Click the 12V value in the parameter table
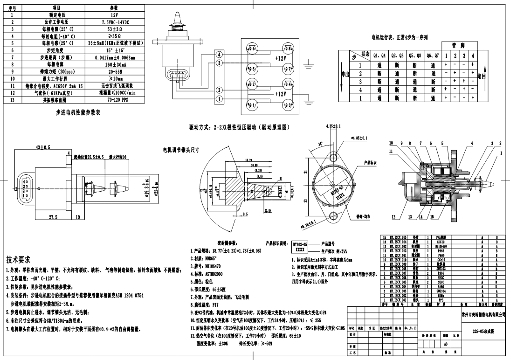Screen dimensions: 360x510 point(114,15)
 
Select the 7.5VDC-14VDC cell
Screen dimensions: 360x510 point(114,22)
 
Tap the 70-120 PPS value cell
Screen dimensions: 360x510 point(114,99)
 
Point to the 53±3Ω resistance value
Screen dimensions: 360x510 point(114,29)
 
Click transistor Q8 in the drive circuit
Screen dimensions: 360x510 point(288,48)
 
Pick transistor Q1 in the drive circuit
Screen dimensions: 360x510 point(252,105)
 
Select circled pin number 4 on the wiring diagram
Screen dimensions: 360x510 point(219,55)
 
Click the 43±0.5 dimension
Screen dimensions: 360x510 point(43,147)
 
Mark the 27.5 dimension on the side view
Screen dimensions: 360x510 point(53,217)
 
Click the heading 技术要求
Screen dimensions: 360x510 point(19,259)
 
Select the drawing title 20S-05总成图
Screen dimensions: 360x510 point(482,331)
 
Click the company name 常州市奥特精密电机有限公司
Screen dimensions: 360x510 point(482,315)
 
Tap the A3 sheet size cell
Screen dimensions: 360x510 point(445,344)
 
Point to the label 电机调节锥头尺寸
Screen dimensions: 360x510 point(181,150)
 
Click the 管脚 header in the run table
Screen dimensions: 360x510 point(459,45)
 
